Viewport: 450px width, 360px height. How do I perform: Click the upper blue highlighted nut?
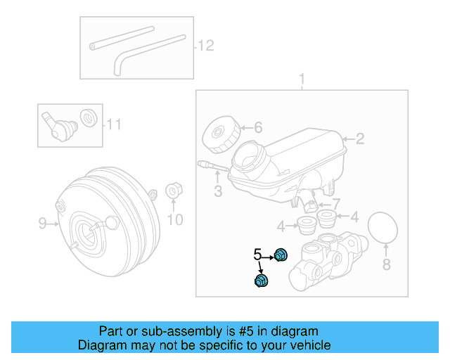(281, 255)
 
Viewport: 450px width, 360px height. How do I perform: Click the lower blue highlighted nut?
(261, 281)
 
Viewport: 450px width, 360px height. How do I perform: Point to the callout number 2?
(359, 139)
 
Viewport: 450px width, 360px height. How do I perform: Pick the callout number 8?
(385, 264)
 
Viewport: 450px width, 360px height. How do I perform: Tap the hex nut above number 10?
(173, 191)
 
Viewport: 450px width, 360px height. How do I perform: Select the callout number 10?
(174, 220)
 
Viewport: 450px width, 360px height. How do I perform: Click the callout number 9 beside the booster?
(42, 224)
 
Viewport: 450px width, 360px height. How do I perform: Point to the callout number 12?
(205, 46)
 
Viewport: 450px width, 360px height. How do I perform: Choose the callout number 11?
(114, 125)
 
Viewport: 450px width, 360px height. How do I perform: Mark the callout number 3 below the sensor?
(218, 191)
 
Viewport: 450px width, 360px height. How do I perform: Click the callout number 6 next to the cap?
(257, 127)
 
